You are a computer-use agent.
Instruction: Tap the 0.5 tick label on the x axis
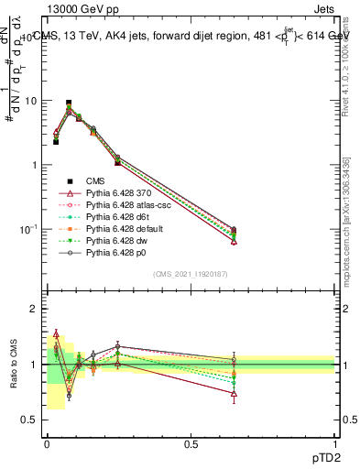(191, 443)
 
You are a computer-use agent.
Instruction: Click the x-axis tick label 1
(335, 443)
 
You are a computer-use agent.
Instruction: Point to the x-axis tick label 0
(47, 443)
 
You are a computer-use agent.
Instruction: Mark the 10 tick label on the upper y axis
(30, 102)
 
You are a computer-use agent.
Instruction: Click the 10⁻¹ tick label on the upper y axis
(28, 229)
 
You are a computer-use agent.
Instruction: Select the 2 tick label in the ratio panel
(34, 310)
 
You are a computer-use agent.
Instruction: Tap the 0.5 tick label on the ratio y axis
(29, 420)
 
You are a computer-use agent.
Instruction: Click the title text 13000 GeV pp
(82, 9)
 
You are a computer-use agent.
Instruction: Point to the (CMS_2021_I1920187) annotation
(191, 275)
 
